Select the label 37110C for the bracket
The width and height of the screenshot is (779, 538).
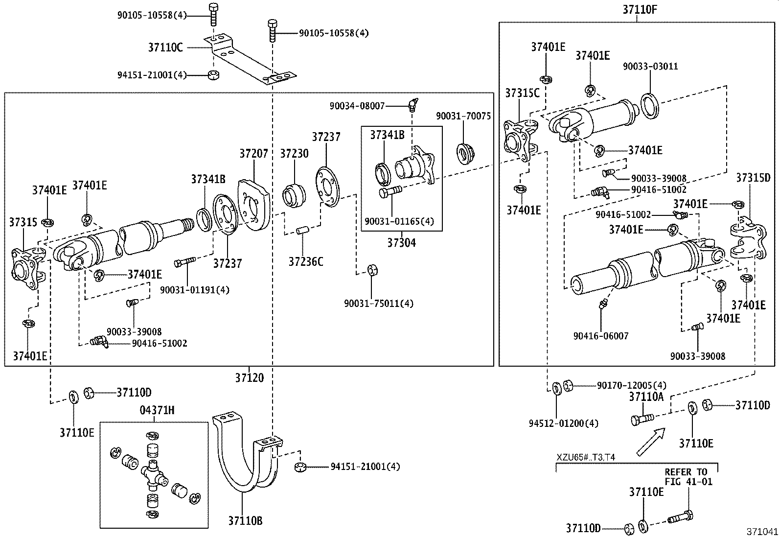point(165,47)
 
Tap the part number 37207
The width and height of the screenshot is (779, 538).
point(253,153)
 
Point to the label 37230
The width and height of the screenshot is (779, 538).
point(294,153)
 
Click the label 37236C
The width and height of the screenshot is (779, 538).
point(305,262)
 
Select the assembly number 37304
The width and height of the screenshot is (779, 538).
point(401,242)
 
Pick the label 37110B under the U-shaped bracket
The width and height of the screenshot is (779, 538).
point(245,521)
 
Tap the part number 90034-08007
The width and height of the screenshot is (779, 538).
point(357,105)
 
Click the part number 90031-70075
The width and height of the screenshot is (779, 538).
point(463,116)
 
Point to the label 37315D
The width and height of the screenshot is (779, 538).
point(753,178)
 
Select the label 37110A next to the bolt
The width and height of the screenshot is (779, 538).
point(646,397)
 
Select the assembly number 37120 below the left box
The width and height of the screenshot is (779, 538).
point(249,377)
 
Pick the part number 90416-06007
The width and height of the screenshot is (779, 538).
point(601,336)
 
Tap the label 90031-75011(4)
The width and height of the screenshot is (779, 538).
point(378,304)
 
